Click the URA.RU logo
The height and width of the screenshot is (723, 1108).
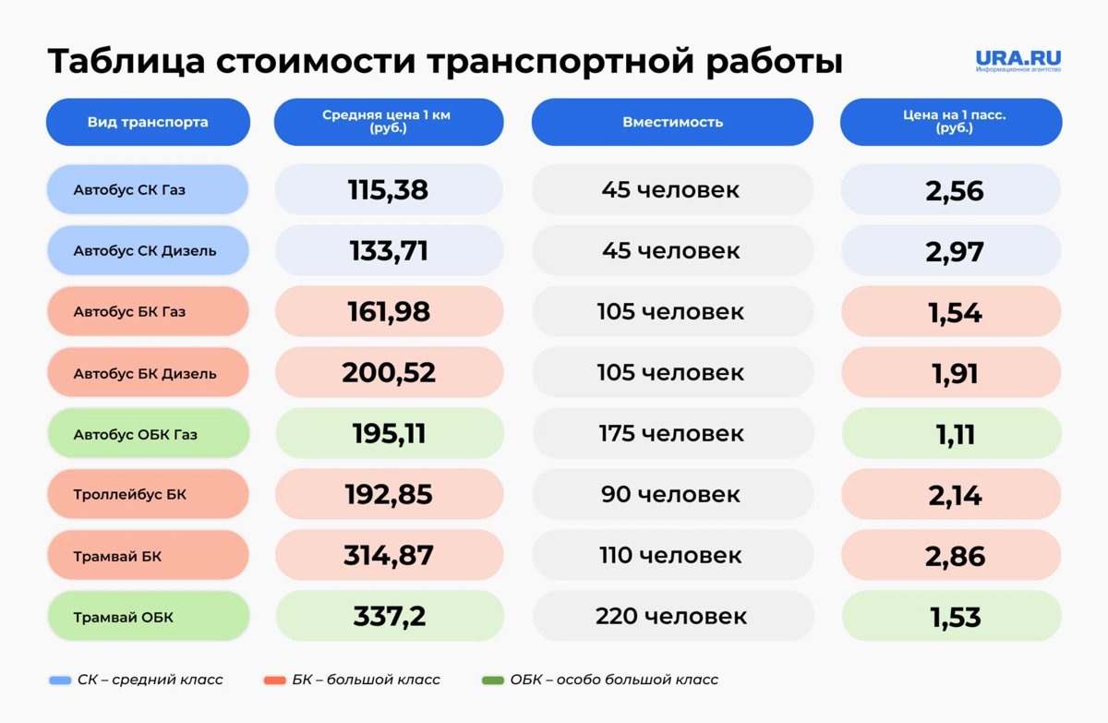(x=1018, y=61)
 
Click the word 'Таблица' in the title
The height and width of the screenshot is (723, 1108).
(x=126, y=62)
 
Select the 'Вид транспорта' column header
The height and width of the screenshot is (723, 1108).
(x=148, y=122)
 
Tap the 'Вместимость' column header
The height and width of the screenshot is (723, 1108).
(x=672, y=122)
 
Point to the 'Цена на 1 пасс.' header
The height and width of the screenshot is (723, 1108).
(x=951, y=122)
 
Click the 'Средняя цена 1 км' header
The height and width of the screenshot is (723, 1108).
(x=389, y=122)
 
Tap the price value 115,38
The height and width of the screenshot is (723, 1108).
(x=388, y=190)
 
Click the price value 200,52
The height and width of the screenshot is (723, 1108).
(x=389, y=373)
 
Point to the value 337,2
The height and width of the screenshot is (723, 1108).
(x=390, y=617)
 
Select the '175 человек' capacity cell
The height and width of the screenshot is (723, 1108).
(x=672, y=434)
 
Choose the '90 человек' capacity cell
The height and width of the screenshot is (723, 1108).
(x=670, y=495)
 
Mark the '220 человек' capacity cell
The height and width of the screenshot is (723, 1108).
(x=671, y=616)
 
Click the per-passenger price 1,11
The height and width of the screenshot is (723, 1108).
(x=955, y=435)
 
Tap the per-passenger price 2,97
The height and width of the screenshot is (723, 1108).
(x=954, y=252)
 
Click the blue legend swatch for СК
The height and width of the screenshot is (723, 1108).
(x=60, y=681)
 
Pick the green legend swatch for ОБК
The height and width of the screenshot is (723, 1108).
(x=493, y=681)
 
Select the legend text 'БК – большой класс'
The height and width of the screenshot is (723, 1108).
(x=366, y=680)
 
